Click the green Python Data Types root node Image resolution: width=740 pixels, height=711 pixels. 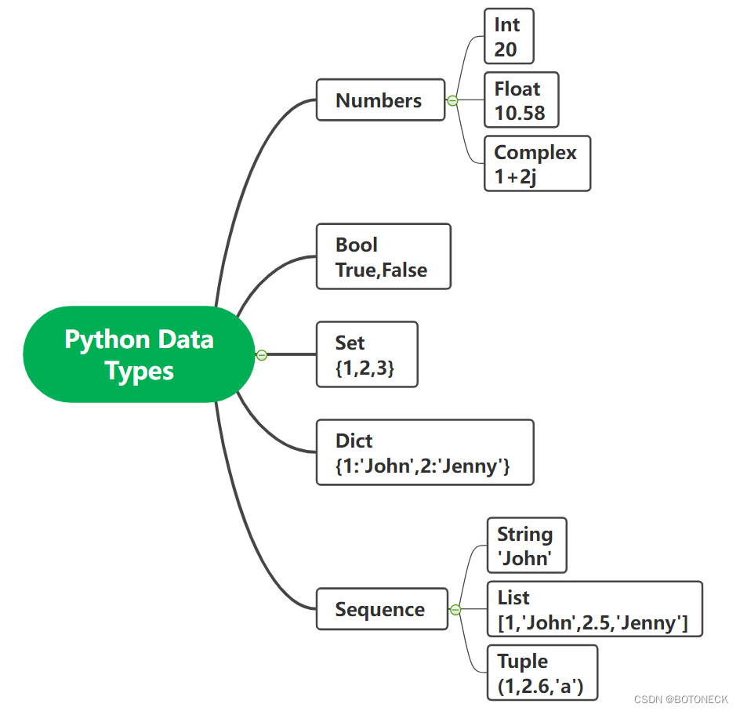pos(139,354)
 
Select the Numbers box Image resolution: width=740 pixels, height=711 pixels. pos(380,100)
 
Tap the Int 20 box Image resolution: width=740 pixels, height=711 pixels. pos(509,37)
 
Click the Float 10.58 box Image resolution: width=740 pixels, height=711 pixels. pos(521,100)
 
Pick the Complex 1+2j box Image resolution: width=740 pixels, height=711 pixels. pos(536,164)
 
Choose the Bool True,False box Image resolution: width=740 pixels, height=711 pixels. pos(383,257)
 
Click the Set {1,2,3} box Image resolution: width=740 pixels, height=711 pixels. pos(366,354)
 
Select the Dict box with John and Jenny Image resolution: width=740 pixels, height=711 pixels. pos(423,452)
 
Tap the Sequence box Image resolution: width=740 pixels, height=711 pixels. pos(381,609)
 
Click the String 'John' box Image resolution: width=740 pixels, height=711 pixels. pos(526,546)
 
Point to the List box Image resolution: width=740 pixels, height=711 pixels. pos(593,609)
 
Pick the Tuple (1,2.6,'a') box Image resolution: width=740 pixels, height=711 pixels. pos(542,673)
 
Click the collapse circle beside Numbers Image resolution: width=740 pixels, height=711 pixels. pos(452,100)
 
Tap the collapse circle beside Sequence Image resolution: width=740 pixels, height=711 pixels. pos(455,610)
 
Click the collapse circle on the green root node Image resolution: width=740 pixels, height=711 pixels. pos(262,355)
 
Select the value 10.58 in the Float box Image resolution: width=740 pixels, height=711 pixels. pos(520,113)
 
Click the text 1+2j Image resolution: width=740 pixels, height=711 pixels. pos(516,177)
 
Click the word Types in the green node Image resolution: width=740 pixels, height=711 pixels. pos(139,371)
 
